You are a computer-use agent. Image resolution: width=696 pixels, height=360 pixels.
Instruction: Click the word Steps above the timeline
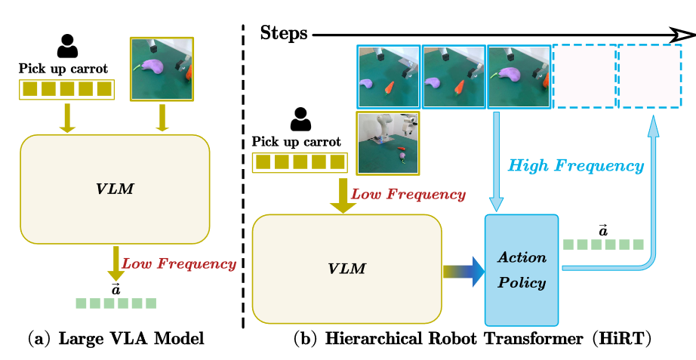tap(284, 33)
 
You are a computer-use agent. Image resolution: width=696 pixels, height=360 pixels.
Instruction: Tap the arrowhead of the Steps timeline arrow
tap(684, 34)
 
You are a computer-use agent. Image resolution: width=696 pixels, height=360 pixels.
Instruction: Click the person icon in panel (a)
tap(67, 47)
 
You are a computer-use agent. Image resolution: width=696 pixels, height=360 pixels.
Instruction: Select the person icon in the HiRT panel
tap(301, 119)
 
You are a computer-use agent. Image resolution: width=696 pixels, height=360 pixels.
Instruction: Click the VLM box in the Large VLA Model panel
tap(115, 189)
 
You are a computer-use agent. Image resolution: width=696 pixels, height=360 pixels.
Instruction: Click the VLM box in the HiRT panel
tap(346, 269)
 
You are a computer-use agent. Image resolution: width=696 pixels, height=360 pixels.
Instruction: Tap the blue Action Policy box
tap(522, 270)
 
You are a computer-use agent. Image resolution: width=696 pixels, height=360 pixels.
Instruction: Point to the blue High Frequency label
tap(576, 166)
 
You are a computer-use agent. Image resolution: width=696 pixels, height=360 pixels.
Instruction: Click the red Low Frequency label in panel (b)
tap(408, 195)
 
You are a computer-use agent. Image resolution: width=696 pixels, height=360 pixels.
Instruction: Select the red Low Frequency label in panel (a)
tap(179, 264)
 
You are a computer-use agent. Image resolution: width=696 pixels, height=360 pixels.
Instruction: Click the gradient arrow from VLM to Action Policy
tap(463, 272)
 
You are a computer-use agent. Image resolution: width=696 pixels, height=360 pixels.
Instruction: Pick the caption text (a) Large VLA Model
tap(116, 339)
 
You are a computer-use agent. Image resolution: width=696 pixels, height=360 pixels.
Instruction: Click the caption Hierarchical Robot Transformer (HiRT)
tap(473, 339)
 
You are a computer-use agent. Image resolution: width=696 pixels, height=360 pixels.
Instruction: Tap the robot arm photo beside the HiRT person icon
tap(388, 143)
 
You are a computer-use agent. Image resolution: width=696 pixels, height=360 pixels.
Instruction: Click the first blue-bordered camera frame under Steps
tap(389, 76)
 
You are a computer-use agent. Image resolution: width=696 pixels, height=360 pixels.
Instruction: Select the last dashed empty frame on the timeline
tap(650, 76)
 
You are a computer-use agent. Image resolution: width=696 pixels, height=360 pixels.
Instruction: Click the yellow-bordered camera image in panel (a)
tap(162, 69)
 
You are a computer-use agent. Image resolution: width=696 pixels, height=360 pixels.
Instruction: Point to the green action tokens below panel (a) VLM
tap(115, 303)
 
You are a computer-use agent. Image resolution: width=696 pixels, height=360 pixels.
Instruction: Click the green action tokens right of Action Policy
tap(603, 245)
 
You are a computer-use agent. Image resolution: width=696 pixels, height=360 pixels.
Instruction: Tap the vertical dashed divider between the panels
tap(243, 177)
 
